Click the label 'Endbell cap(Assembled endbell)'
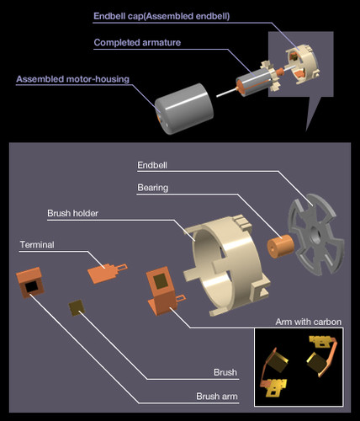[161, 16]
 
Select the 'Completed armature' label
[137, 42]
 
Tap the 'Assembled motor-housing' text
[72, 79]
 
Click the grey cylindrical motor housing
[184, 109]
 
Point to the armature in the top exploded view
[254, 79]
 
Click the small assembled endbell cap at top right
[302, 64]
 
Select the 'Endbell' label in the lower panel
[152, 165]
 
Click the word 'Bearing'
[153, 188]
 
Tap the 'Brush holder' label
[72, 213]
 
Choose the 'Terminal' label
[37, 245]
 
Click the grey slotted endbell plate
[316, 235]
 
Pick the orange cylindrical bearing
[280, 247]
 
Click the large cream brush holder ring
[228, 264]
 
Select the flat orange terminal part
[107, 272]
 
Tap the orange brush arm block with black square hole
[29, 283]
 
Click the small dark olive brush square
[77, 308]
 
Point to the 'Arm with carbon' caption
[309, 322]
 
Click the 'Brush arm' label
[217, 397]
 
